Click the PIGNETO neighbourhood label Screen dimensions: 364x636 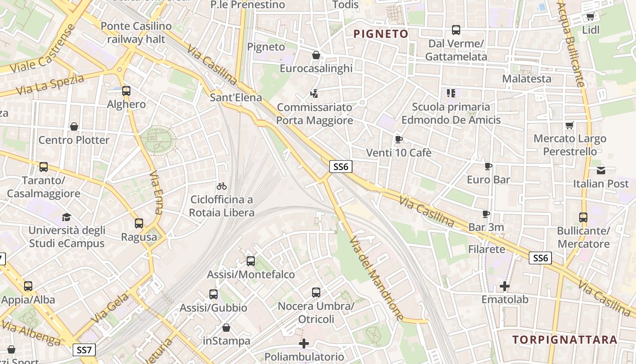[x=381, y=34]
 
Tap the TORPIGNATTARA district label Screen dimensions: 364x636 [x=565, y=339]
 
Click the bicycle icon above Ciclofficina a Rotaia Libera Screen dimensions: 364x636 [x=222, y=186]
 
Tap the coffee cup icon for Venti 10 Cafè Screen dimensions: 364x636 [x=398, y=139]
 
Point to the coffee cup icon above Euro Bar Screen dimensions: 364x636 [x=488, y=167]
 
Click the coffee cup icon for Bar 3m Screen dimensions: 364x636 [x=486, y=214]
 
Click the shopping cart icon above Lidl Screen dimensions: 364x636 [x=590, y=17]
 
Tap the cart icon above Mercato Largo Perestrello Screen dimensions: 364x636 [x=569, y=125]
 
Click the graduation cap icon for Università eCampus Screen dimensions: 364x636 [x=67, y=217]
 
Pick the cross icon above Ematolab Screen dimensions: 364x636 [x=505, y=286]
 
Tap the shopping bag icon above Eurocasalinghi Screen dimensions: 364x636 [x=316, y=55]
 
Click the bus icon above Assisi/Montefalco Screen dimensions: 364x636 [x=250, y=261]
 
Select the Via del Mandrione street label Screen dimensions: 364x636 [x=377, y=278]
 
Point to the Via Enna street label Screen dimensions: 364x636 [x=156, y=192]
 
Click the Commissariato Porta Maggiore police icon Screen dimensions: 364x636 [x=314, y=94]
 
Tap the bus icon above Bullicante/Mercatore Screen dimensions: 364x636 [x=583, y=217]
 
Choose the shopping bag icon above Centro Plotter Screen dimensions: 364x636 [x=74, y=126]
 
